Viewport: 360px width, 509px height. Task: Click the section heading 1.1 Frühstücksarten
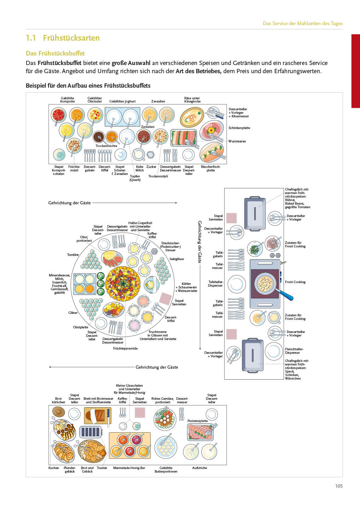pos(63,38)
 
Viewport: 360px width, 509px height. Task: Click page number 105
pos(339,486)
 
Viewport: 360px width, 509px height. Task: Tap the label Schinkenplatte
pos(239,128)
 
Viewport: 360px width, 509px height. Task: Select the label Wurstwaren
pos(237,141)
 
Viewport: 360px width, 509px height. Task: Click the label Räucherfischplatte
pos(210,169)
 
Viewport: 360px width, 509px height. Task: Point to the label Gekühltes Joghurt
pos(122,101)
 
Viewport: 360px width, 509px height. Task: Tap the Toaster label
pos(102,468)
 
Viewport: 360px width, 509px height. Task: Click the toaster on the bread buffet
pos(90,432)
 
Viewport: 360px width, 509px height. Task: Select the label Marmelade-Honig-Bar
pos(129,468)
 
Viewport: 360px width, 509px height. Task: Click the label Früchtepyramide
pos(125,349)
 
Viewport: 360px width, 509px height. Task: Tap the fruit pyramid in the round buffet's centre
pos(123,284)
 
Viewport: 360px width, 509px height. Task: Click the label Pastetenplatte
pos(198,421)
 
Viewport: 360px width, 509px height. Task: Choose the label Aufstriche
pos(199,468)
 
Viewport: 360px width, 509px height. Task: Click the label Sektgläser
pos(176,259)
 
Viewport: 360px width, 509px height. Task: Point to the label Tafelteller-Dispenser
pos(215,284)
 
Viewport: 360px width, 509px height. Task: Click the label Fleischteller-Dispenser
pos(294,351)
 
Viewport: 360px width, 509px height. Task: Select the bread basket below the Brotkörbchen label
pos(59,412)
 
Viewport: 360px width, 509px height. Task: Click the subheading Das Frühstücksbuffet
pos(55,53)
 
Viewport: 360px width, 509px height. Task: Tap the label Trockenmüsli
pos(158,176)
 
